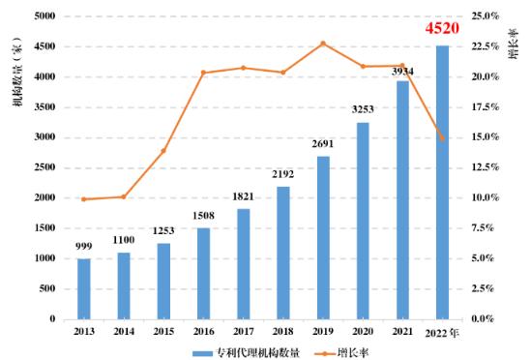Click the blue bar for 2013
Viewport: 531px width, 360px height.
coord(84,288)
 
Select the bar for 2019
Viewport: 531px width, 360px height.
coord(323,237)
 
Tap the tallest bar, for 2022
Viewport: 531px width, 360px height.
coord(442,182)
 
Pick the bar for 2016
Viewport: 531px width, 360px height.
coord(204,273)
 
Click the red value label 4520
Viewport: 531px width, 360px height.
coord(442,28)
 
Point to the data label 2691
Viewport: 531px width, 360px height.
coord(323,145)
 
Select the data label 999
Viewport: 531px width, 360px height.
coord(84,248)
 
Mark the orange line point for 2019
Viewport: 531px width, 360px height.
coord(323,44)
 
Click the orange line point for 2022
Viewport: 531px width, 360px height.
coord(442,138)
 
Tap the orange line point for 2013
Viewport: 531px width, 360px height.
coord(84,199)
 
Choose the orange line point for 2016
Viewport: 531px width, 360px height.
coord(204,73)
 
